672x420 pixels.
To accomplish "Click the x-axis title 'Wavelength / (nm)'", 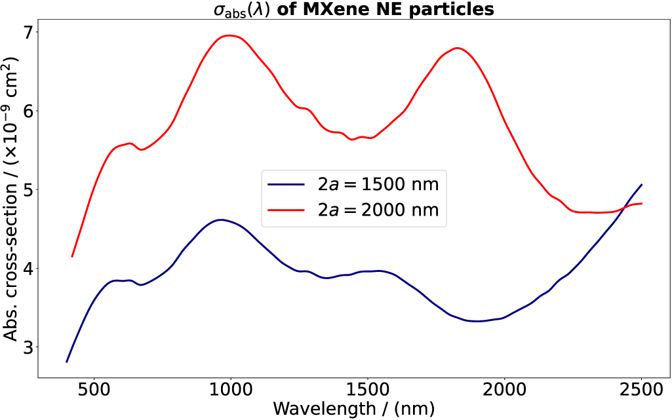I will pyautogui.click(x=354, y=408).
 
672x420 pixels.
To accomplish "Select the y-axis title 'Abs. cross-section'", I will pyautogui.click(x=12, y=197).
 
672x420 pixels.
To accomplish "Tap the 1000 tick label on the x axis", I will pyautogui.click(x=231, y=389).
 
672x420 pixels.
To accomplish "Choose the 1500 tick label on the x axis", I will pyautogui.click(x=368, y=389).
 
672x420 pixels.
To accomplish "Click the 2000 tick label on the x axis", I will pyautogui.click(x=504, y=389).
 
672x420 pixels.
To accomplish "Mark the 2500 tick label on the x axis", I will pyautogui.click(x=641, y=389).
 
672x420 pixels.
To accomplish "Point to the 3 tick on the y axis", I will pyautogui.click(x=26, y=347).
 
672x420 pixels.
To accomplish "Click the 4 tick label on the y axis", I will pyautogui.click(x=26, y=268).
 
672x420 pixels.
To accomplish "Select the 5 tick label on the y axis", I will pyautogui.click(x=26, y=189).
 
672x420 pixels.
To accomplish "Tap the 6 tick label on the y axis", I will pyautogui.click(x=26, y=111).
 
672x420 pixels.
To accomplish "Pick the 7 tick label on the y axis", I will pyautogui.click(x=26, y=32).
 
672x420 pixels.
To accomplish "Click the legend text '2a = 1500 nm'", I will pyautogui.click(x=378, y=184).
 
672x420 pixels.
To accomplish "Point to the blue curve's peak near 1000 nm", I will pyautogui.click(x=221, y=220).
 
